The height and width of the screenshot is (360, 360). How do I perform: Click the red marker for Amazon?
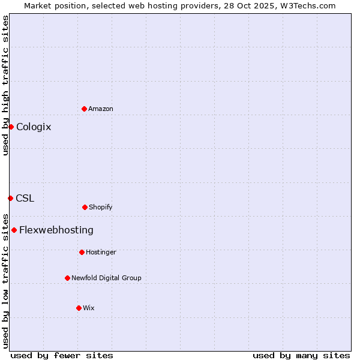click(x=84, y=109)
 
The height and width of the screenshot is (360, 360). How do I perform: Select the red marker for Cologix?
click(x=11, y=127)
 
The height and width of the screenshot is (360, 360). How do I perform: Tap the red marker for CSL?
click(x=10, y=198)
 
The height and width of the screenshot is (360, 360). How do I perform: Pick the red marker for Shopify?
click(x=85, y=207)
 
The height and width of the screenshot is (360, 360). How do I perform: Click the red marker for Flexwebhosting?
click(x=14, y=230)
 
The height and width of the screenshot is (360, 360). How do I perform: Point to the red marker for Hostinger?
click(x=82, y=252)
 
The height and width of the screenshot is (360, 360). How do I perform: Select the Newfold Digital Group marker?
click(x=67, y=278)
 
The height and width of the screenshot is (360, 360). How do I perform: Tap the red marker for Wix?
click(x=79, y=308)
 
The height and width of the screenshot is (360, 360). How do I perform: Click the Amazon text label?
click(x=101, y=109)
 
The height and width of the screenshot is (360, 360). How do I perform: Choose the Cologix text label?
click(x=34, y=127)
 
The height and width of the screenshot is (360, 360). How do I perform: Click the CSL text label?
click(x=25, y=198)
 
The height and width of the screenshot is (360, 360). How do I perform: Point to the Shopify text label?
click(x=101, y=207)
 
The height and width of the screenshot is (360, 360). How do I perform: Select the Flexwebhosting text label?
click(x=56, y=230)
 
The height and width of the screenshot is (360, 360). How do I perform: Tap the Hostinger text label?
click(x=101, y=252)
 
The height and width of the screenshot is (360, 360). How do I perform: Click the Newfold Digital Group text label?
click(x=106, y=278)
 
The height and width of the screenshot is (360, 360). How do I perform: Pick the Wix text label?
click(x=89, y=308)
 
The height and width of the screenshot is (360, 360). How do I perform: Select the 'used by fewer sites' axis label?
click(x=62, y=355)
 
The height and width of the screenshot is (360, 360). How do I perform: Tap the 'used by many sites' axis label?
click(x=301, y=355)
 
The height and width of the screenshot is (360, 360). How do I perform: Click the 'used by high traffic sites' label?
click(x=5, y=85)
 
